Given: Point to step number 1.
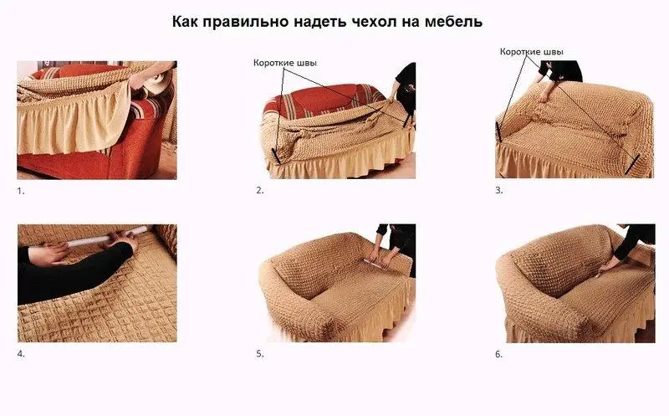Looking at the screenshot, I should coord(21,191).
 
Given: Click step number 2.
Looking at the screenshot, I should coord(259,191).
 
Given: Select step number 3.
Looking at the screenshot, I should coord(499,191).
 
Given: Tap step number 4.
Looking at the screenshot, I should coord(21,354).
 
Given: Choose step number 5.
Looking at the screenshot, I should coord(259,354).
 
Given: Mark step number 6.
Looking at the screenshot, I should coord(499,354).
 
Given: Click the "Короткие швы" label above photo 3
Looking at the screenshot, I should coord(531,51).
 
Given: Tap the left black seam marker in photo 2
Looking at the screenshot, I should coord(277,156).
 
